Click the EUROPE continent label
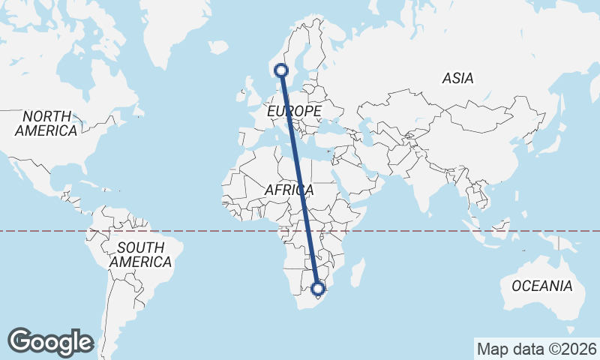(x=294, y=111)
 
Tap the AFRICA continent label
(x=289, y=190)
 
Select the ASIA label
(x=457, y=78)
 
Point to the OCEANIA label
(x=541, y=286)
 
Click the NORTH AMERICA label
(x=46, y=124)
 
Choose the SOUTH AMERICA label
(x=140, y=255)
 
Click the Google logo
(x=50, y=342)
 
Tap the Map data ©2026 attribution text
(x=536, y=349)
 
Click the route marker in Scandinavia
(x=281, y=70)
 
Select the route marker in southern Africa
(x=318, y=288)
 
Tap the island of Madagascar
(x=358, y=271)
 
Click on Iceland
(x=218, y=47)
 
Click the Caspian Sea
(x=367, y=124)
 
